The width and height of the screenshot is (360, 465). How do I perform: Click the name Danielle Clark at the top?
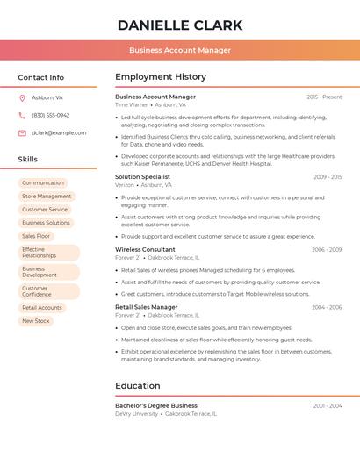180,25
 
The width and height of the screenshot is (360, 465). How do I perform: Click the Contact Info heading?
41,77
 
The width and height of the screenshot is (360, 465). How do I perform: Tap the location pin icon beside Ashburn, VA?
22,97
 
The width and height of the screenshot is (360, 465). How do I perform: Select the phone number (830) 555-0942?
51,115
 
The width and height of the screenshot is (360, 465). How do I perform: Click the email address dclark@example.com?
59,132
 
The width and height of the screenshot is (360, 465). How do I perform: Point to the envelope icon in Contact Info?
22,132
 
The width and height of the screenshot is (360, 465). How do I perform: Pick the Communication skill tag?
43,183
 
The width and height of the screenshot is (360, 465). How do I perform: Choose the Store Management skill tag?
47,197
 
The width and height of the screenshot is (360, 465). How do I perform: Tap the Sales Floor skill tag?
36,236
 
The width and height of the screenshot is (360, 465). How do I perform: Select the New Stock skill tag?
36,321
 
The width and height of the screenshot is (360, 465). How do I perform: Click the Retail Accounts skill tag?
42,308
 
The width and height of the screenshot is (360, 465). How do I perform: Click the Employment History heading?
161,77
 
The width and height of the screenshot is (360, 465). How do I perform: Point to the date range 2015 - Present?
324,97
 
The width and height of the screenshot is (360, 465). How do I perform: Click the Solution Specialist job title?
144,177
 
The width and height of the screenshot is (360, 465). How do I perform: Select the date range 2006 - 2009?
327,250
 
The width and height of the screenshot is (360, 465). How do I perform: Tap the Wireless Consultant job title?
145,250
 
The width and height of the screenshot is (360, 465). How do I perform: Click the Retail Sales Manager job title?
147,307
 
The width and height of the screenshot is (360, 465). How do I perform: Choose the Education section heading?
138,385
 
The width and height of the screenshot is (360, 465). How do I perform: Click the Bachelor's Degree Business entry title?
156,405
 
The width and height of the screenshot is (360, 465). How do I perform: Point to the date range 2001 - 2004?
327,405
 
